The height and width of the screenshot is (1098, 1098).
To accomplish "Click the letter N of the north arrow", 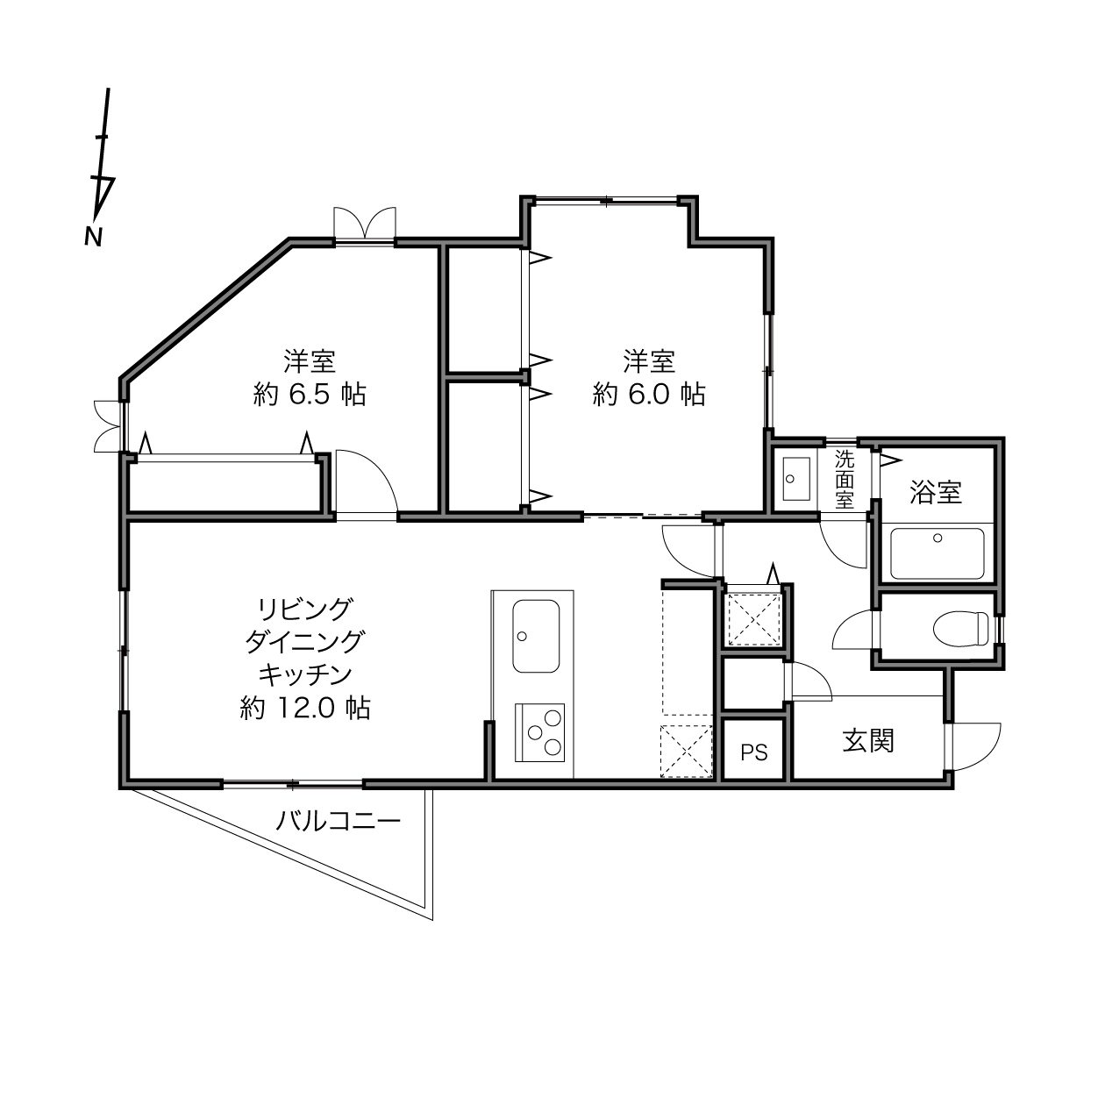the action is pos(93,237).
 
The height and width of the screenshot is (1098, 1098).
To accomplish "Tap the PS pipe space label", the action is pos(754,752).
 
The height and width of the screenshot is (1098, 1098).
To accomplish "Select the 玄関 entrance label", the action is pos(868,740).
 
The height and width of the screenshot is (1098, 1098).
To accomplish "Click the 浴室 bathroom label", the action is pos(936,492).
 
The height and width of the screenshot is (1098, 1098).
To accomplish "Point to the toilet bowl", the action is pos(960,629).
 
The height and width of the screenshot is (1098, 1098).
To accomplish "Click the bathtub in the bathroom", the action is pos(938,553).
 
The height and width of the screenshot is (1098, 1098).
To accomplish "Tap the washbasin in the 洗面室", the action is pos(796,479).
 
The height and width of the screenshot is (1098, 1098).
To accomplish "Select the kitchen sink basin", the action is pos(536,636).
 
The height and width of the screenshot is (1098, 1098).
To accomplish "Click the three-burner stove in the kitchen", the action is pos(539,733).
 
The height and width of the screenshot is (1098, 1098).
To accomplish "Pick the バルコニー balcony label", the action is pos(339,822).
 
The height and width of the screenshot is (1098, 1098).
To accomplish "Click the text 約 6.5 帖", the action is pos(310,395).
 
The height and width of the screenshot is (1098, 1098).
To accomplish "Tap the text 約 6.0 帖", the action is pos(649,395).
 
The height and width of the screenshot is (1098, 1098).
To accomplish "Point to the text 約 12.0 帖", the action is pos(305,708).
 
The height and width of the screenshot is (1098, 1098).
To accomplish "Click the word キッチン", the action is pos(305,675).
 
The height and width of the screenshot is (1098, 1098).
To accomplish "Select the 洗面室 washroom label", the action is pos(845,479).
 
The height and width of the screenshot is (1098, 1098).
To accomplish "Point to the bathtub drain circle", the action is pos(938,538).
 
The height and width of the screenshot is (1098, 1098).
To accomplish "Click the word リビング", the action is pos(305,610).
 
